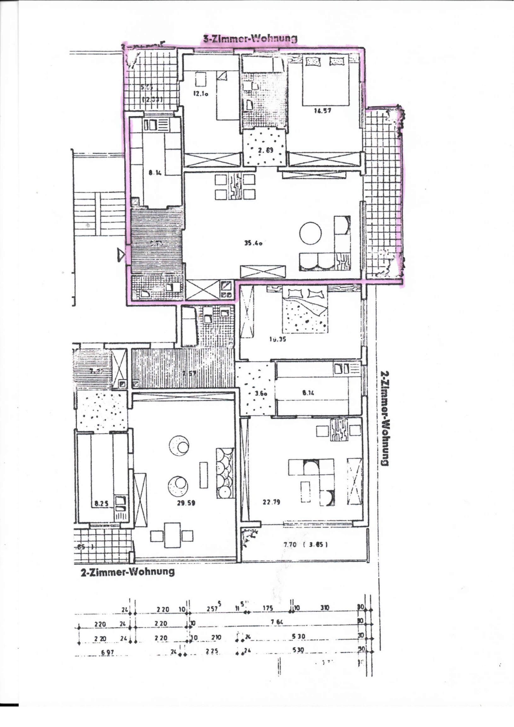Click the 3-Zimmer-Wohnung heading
click(250, 39)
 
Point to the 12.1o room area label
click(201, 94)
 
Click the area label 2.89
click(265, 151)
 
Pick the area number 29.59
click(186, 503)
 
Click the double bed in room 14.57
click(325, 81)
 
